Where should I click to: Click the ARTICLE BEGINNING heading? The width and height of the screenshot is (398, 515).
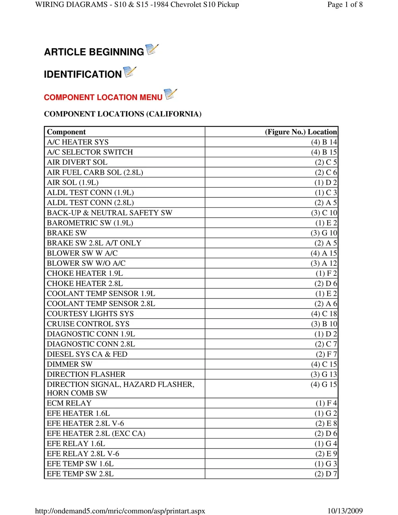94,52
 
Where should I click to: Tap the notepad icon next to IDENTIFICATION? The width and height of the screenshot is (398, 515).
130,72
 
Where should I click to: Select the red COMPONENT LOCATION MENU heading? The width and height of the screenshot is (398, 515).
103,98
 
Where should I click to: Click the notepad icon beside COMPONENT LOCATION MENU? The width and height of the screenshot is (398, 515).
170,94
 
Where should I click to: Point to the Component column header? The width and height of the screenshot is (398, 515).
66,132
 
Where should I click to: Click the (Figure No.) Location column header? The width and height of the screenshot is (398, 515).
301,132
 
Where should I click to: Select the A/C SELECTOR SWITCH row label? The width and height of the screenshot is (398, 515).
90,152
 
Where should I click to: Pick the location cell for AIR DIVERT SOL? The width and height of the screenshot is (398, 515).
326,162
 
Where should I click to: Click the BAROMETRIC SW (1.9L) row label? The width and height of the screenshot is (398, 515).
90,223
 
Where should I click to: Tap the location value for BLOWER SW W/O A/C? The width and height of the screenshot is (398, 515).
324,263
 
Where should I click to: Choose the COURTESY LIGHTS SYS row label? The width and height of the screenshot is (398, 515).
90,314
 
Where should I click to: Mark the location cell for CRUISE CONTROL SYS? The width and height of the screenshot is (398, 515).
324,324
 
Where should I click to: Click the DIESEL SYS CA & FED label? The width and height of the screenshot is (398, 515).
87,354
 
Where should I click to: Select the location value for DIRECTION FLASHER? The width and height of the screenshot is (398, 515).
324,375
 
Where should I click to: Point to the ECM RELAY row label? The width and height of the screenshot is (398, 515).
69,403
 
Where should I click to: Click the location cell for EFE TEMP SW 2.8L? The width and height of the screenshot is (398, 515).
326,474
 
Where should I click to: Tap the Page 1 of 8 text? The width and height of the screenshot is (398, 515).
345,5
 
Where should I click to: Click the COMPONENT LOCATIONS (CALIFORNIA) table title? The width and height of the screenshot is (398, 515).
123,114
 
